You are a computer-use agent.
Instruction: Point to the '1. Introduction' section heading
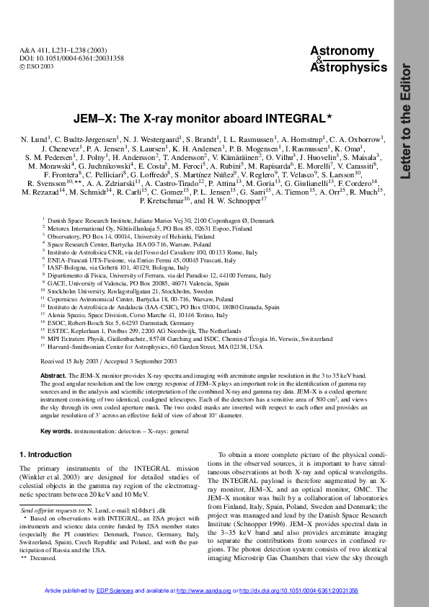pos(45,454)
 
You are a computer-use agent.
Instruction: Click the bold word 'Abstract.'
pos(53,376)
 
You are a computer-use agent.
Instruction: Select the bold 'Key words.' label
pos(56,431)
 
